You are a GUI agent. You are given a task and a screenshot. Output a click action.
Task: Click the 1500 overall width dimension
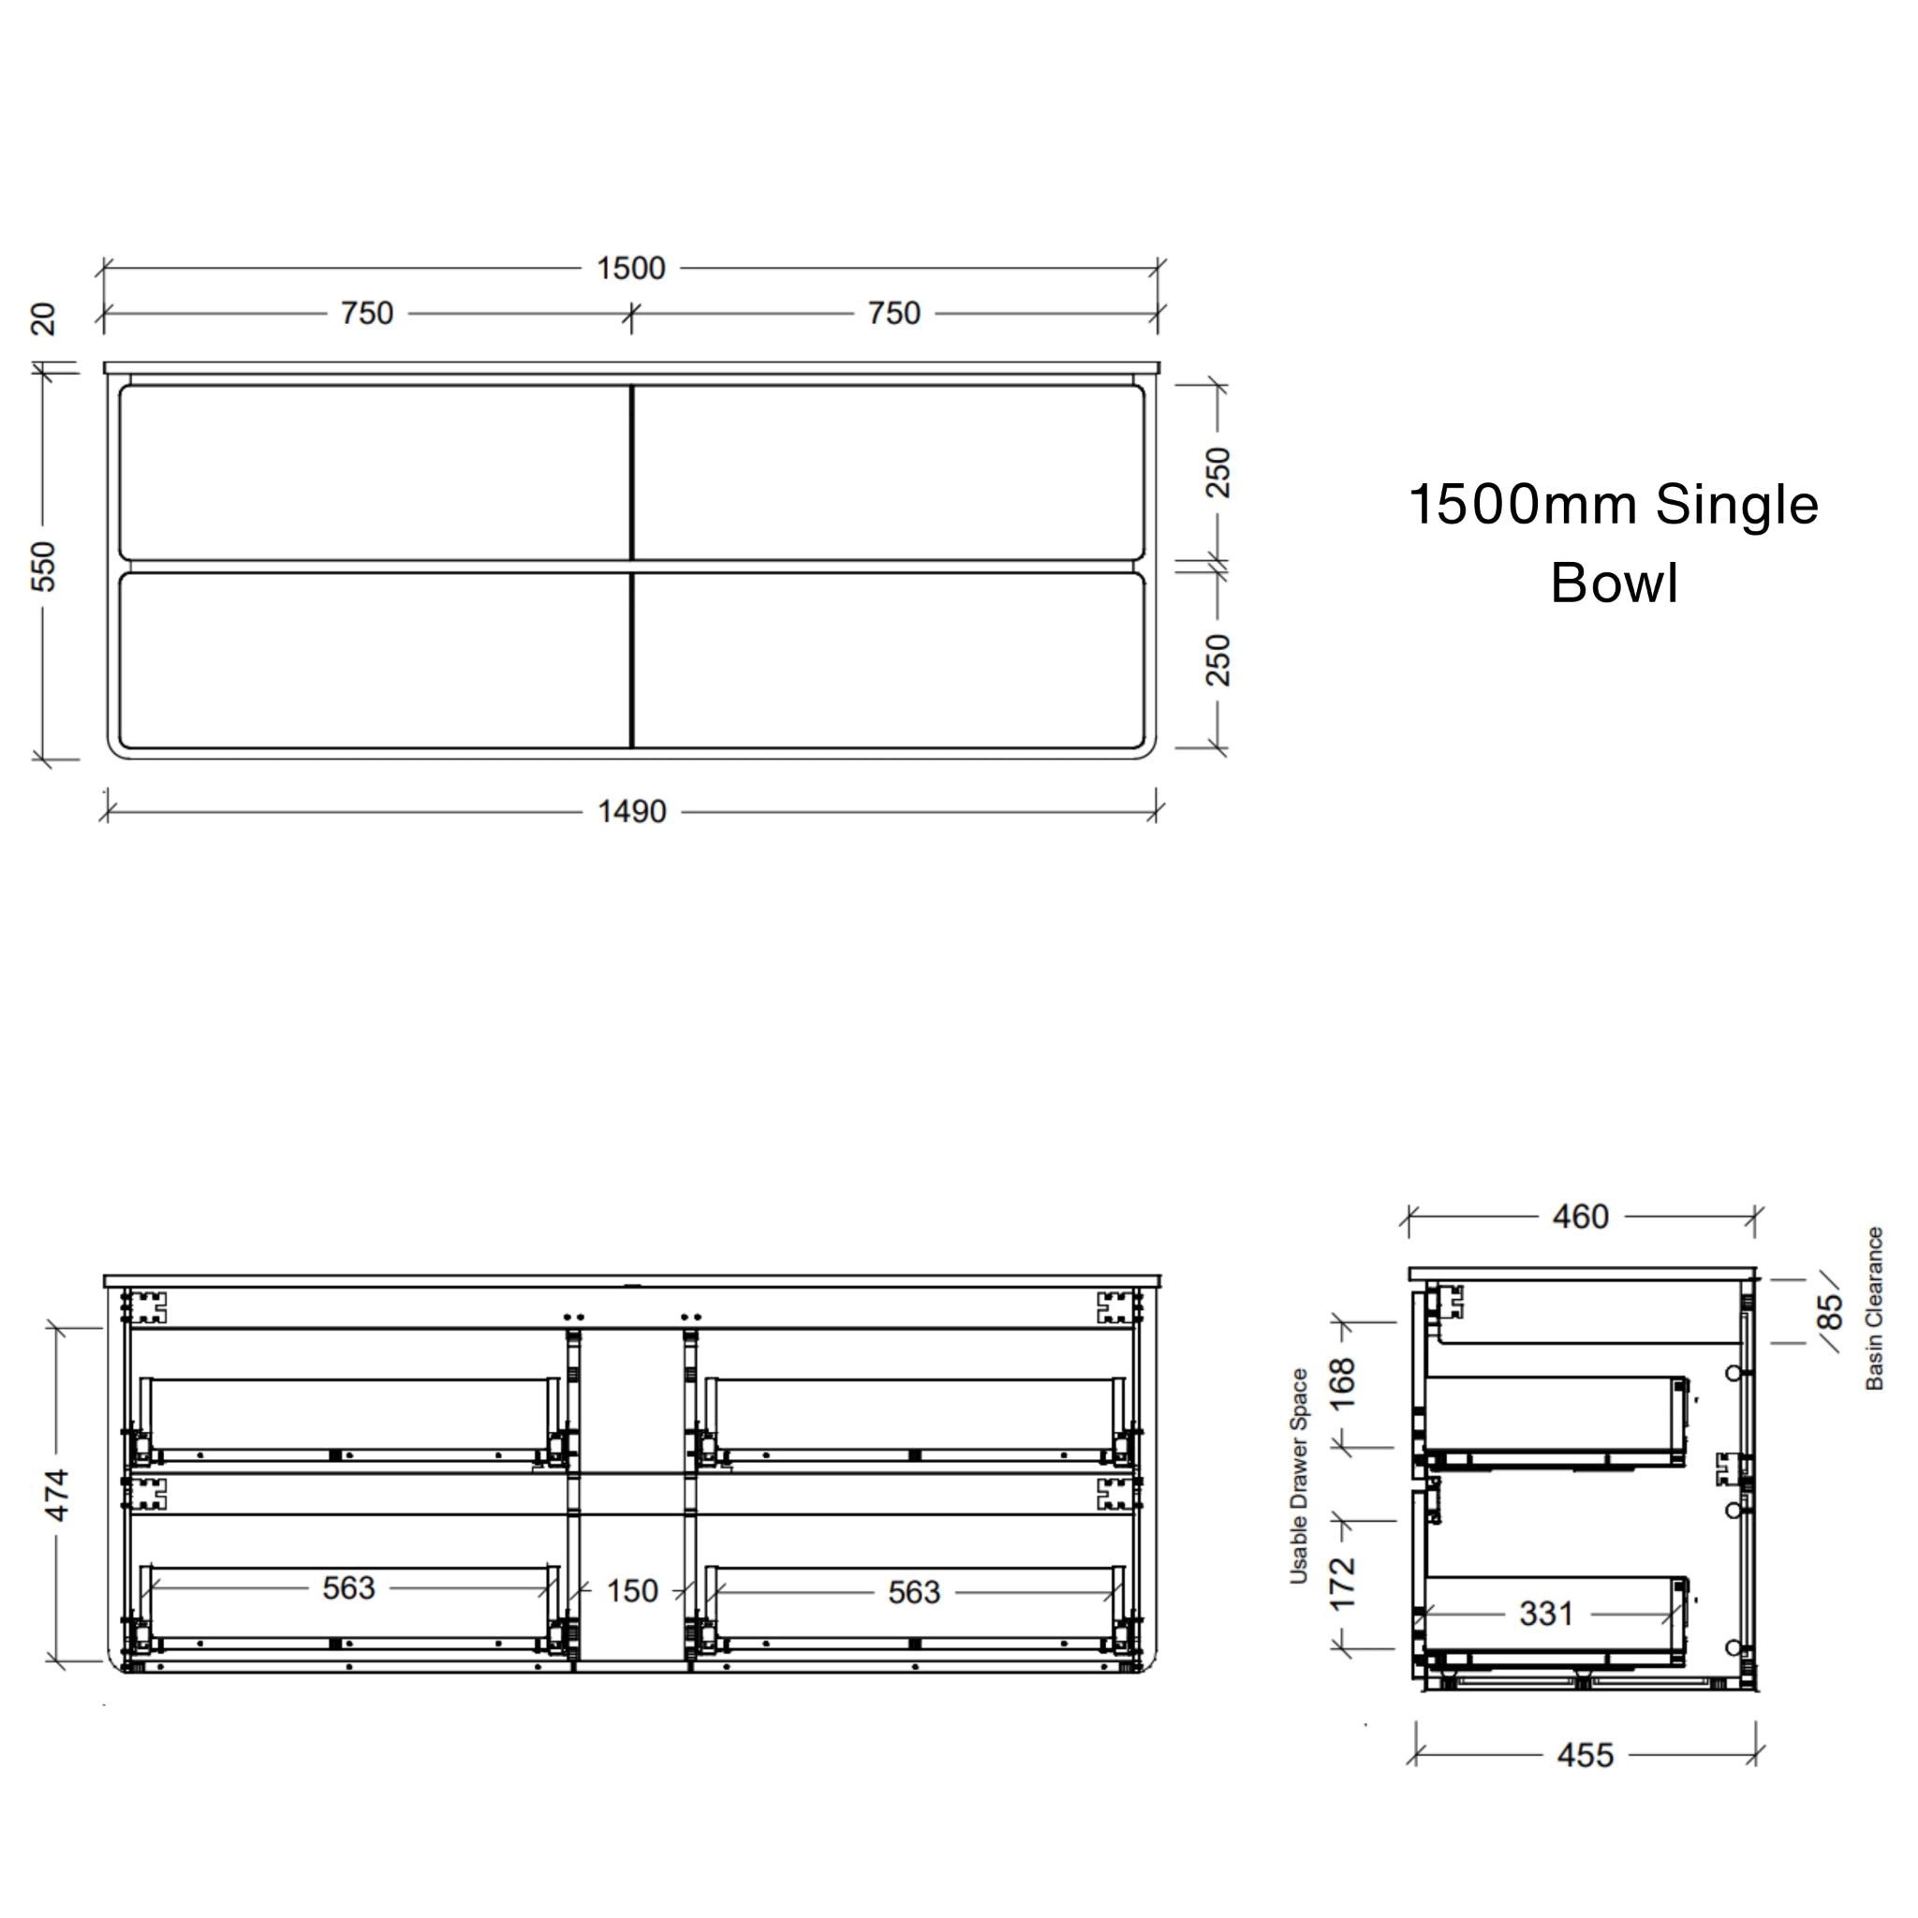coord(630,268)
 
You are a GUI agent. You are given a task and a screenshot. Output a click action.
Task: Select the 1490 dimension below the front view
coord(631,812)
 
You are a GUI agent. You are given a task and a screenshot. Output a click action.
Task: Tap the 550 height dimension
coord(44,566)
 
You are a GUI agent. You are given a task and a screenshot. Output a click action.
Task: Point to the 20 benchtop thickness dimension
coord(44,318)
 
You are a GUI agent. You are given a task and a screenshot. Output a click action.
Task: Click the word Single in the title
coord(1736,506)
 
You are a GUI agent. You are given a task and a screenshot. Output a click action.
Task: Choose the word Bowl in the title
coord(1615,583)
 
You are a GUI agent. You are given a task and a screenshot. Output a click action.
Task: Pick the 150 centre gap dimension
coord(631,1591)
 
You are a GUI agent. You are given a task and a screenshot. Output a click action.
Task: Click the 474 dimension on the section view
coord(57,1495)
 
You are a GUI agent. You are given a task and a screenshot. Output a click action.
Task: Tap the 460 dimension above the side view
coord(1581,1217)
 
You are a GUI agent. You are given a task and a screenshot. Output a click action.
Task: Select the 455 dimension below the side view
coord(1585,1755)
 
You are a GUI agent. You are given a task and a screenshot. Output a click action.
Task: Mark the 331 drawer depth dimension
coord(1545,1615)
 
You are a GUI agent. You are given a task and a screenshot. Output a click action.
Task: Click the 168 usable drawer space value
coord(1342,1384)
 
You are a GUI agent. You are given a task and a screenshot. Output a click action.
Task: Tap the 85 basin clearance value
coord(1830,1311)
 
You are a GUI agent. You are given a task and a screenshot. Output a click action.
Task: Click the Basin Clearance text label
coord(1874,1308)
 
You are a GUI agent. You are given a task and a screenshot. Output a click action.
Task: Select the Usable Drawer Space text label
coord(1299,1476)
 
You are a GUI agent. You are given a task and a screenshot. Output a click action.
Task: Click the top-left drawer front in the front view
coord(376,473)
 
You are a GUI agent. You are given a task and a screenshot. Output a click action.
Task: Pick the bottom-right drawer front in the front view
coord(889,660)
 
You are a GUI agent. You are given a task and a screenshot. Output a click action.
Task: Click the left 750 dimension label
coord(367,314)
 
